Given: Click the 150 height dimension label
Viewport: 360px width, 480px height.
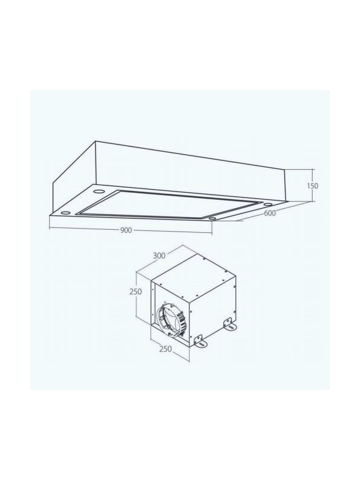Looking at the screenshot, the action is [313, 186].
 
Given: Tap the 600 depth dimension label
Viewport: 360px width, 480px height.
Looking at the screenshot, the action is [269, 213].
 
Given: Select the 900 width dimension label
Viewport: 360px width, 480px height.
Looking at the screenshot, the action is [126, 230].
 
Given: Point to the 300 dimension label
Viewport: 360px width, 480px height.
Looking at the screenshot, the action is [160, 255].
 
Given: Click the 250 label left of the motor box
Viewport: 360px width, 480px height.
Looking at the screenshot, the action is [136, 292].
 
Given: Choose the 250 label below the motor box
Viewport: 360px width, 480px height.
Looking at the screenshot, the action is [166, 349].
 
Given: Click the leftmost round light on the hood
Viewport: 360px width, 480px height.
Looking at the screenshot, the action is [65, 212].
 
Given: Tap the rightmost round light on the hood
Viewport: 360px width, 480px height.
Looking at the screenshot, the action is [268, 204].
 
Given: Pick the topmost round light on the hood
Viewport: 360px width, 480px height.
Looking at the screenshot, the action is [98, 191].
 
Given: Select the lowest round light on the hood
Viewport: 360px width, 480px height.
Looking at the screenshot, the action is [212, 218].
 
